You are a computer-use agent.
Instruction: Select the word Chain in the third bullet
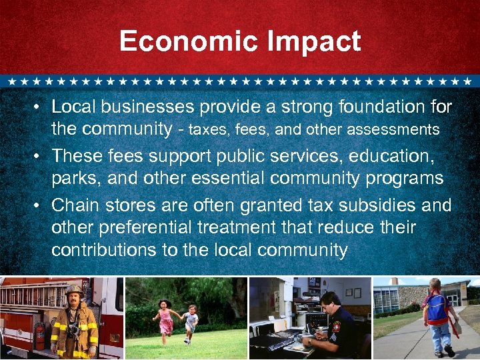click(x=72, y=205)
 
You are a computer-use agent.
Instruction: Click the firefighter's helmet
click(x=73, y=291)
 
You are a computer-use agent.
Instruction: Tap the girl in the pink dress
click(x=163, y=317)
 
